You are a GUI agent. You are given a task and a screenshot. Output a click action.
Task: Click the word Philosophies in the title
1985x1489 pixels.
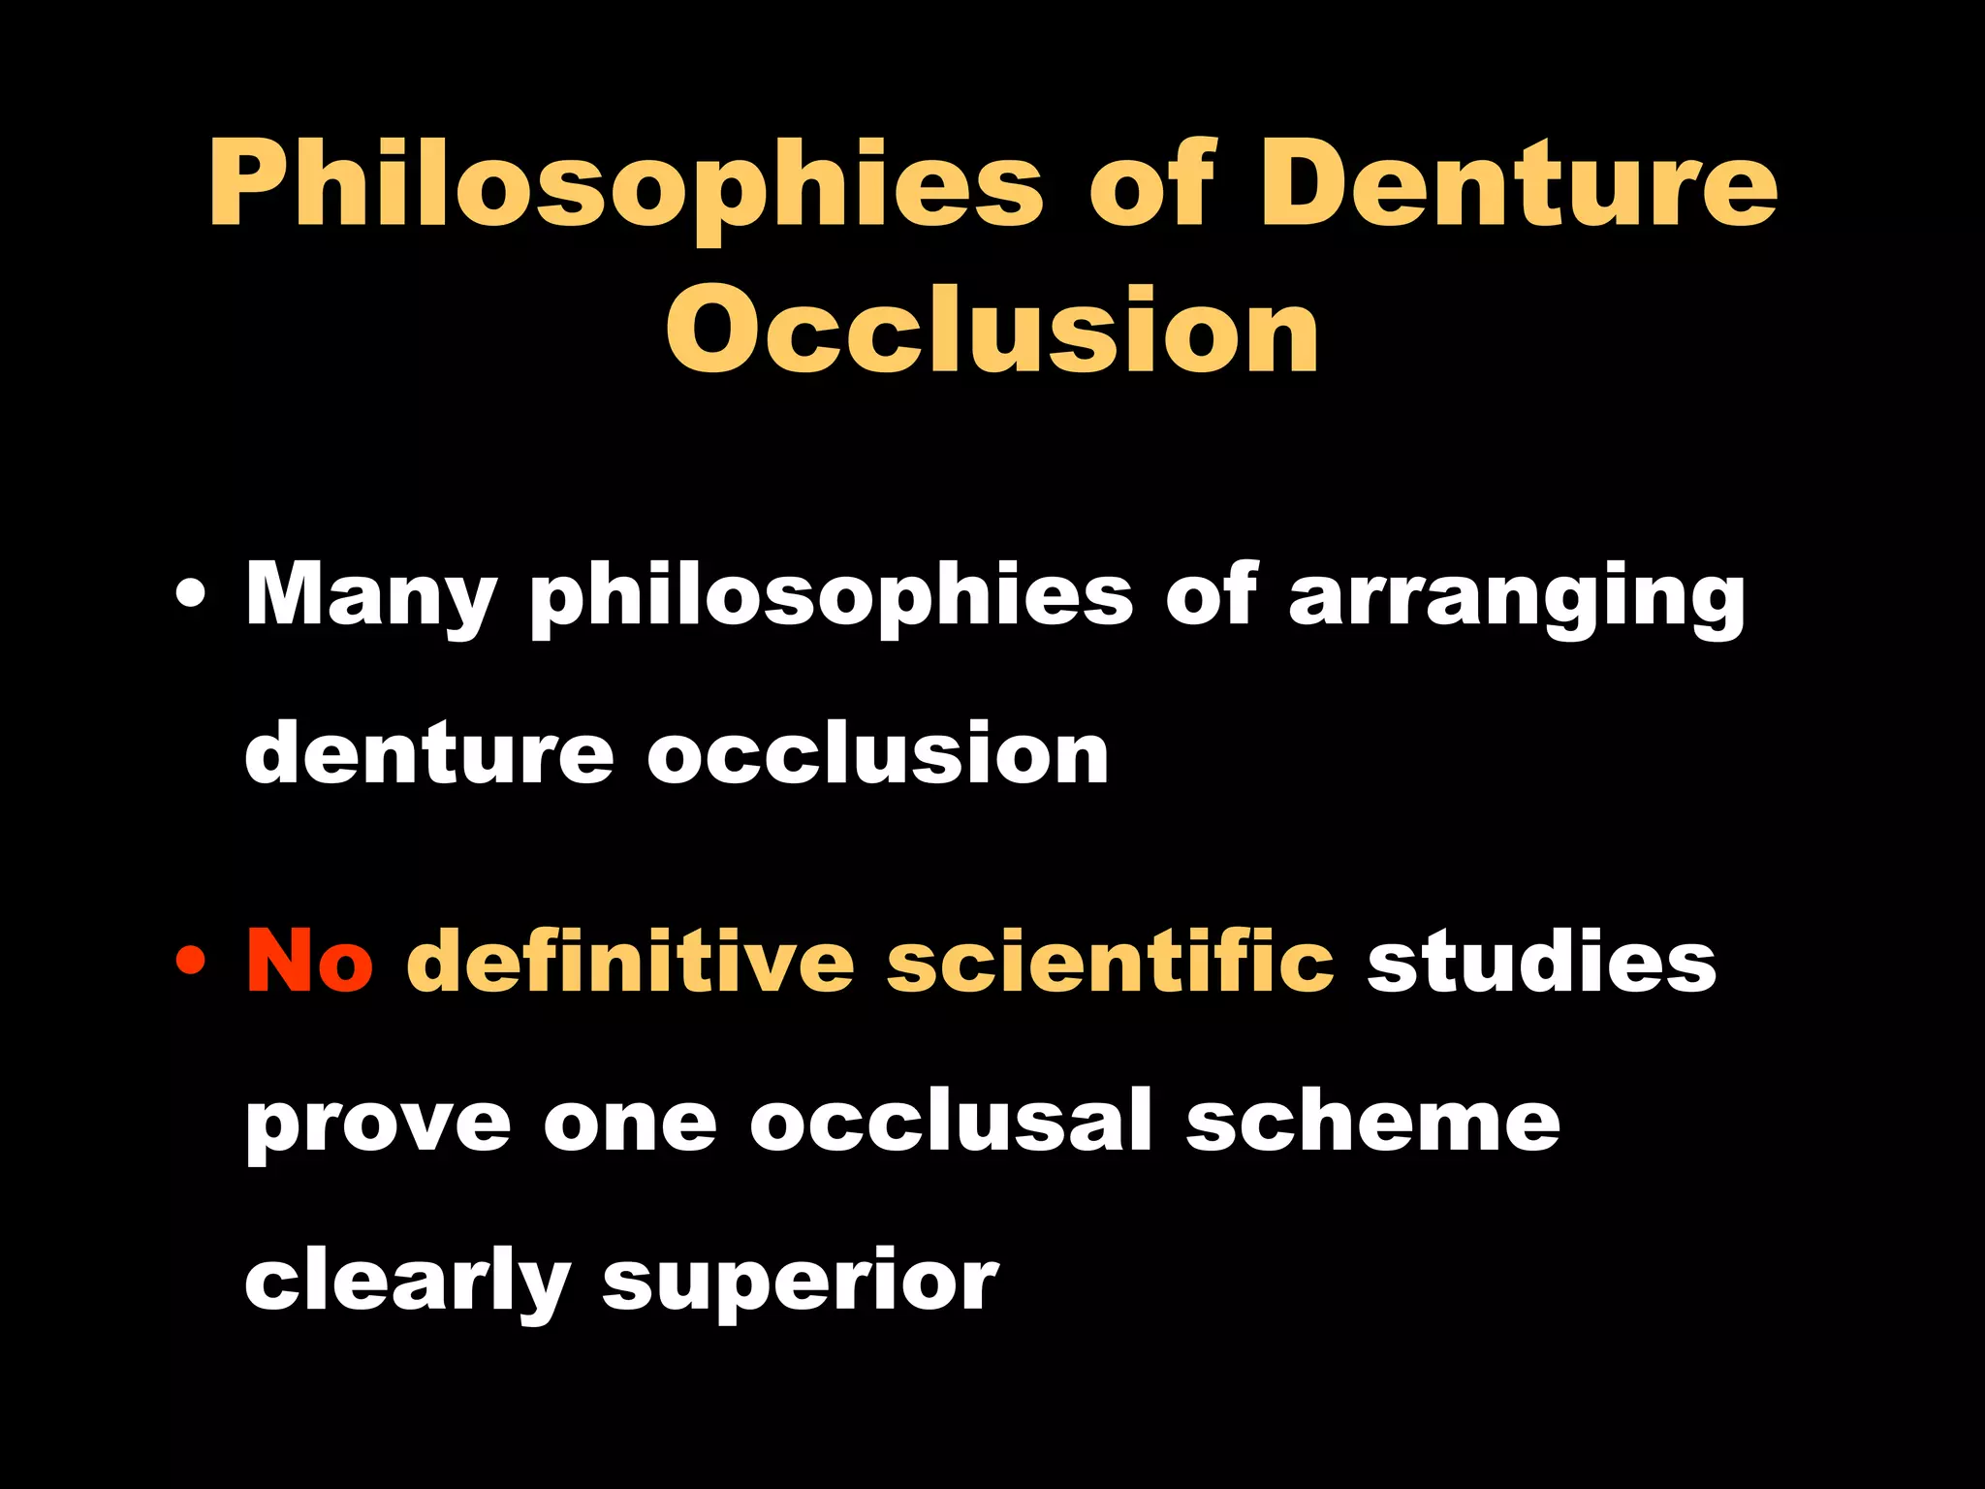[626, 184]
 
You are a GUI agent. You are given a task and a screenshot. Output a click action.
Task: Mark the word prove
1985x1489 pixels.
[378, 1125]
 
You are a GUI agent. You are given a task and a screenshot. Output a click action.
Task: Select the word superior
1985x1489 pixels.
[800, 1284]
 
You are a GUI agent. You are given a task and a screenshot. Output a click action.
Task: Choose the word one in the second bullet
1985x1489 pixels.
[630, 1125]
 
